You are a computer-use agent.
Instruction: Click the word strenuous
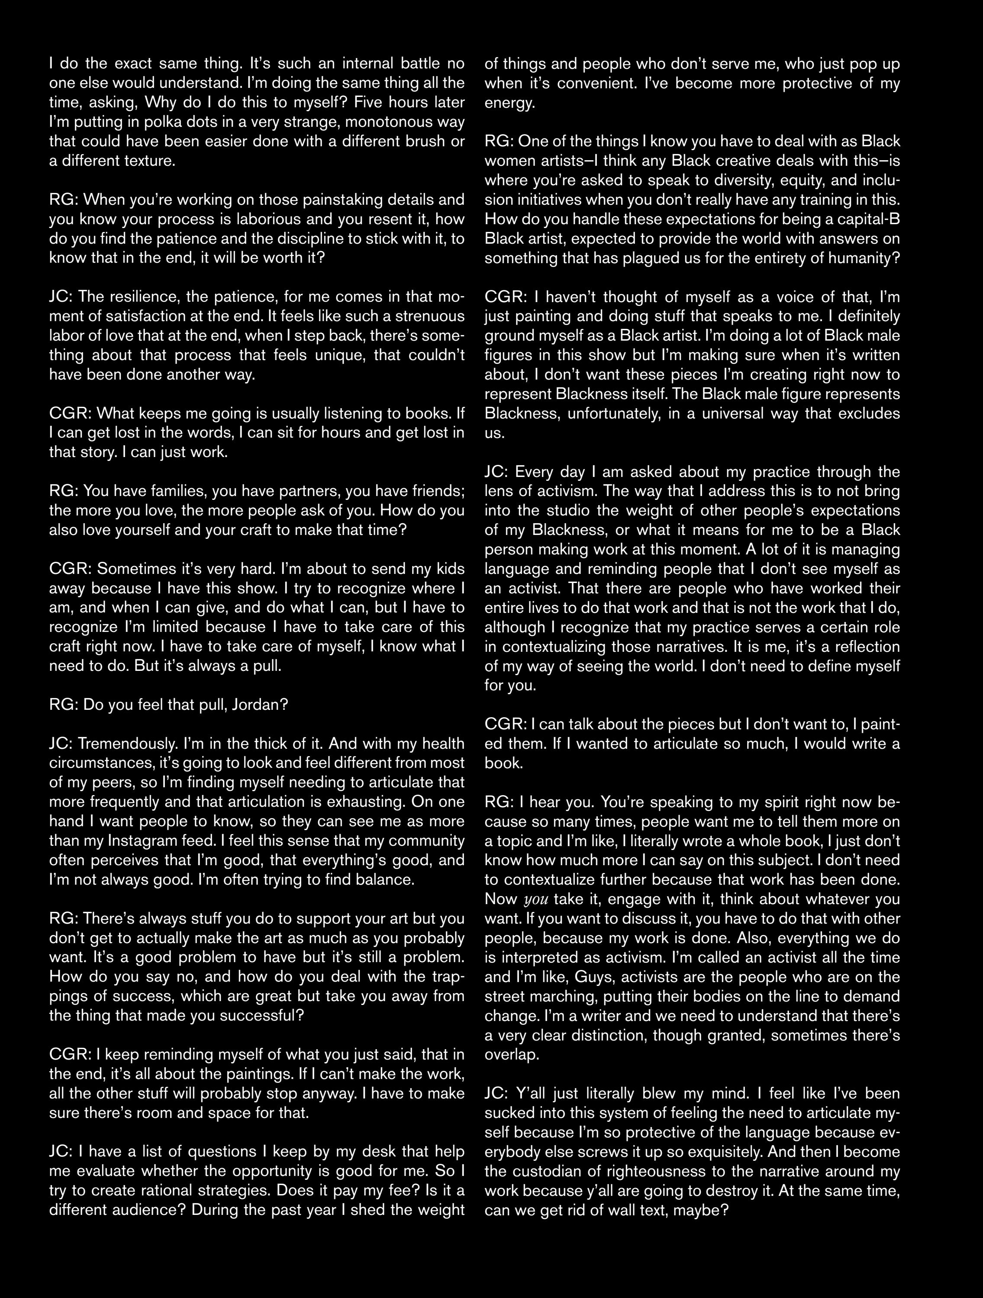pyautogui.click(x=424, y=316)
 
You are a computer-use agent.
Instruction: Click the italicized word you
pyautogui.click(x=535, y=899)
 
